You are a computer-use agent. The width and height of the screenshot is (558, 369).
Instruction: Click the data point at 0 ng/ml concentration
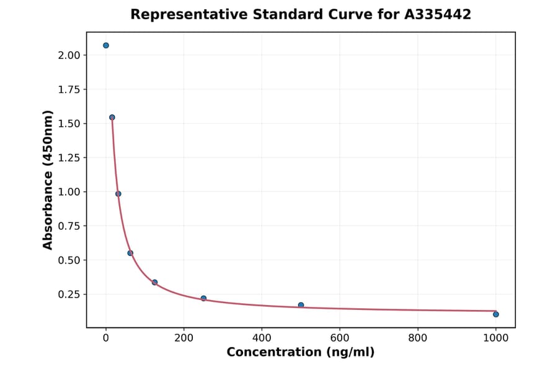tap(106, 45)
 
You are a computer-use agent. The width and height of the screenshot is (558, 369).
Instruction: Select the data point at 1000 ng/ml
tap(496, 314)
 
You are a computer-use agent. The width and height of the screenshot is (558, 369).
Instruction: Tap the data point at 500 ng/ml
tap(301, 305)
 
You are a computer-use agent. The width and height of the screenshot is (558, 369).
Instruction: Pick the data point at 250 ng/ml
tap(203, 298)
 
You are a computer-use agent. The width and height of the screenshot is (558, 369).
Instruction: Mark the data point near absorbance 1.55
tap(112, 117)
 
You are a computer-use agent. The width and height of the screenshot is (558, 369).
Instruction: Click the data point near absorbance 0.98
tap(118, 194)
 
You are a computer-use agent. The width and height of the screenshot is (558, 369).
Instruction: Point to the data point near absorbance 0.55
tap(130, 253)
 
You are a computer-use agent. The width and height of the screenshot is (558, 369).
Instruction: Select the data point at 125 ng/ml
tap(154, 282)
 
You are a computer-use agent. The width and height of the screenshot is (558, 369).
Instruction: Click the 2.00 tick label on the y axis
tap(68, 55)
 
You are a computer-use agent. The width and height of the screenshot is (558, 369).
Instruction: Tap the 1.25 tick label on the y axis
tap(68, 158)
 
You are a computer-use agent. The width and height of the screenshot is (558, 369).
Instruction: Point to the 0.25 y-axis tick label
tap(68, 294)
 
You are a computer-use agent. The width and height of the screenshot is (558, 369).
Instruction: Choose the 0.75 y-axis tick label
tap(68, 226)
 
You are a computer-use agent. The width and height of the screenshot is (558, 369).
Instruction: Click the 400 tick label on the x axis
tap(262, 338)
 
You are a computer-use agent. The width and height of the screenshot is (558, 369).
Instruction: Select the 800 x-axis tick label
tap(418, 338)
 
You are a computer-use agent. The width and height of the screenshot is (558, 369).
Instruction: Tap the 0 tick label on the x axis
tap(106, 338)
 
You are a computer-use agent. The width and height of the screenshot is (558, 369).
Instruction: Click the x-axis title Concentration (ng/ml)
tap(301, 353)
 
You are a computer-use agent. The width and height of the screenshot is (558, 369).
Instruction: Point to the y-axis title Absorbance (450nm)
tap(48, 180)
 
